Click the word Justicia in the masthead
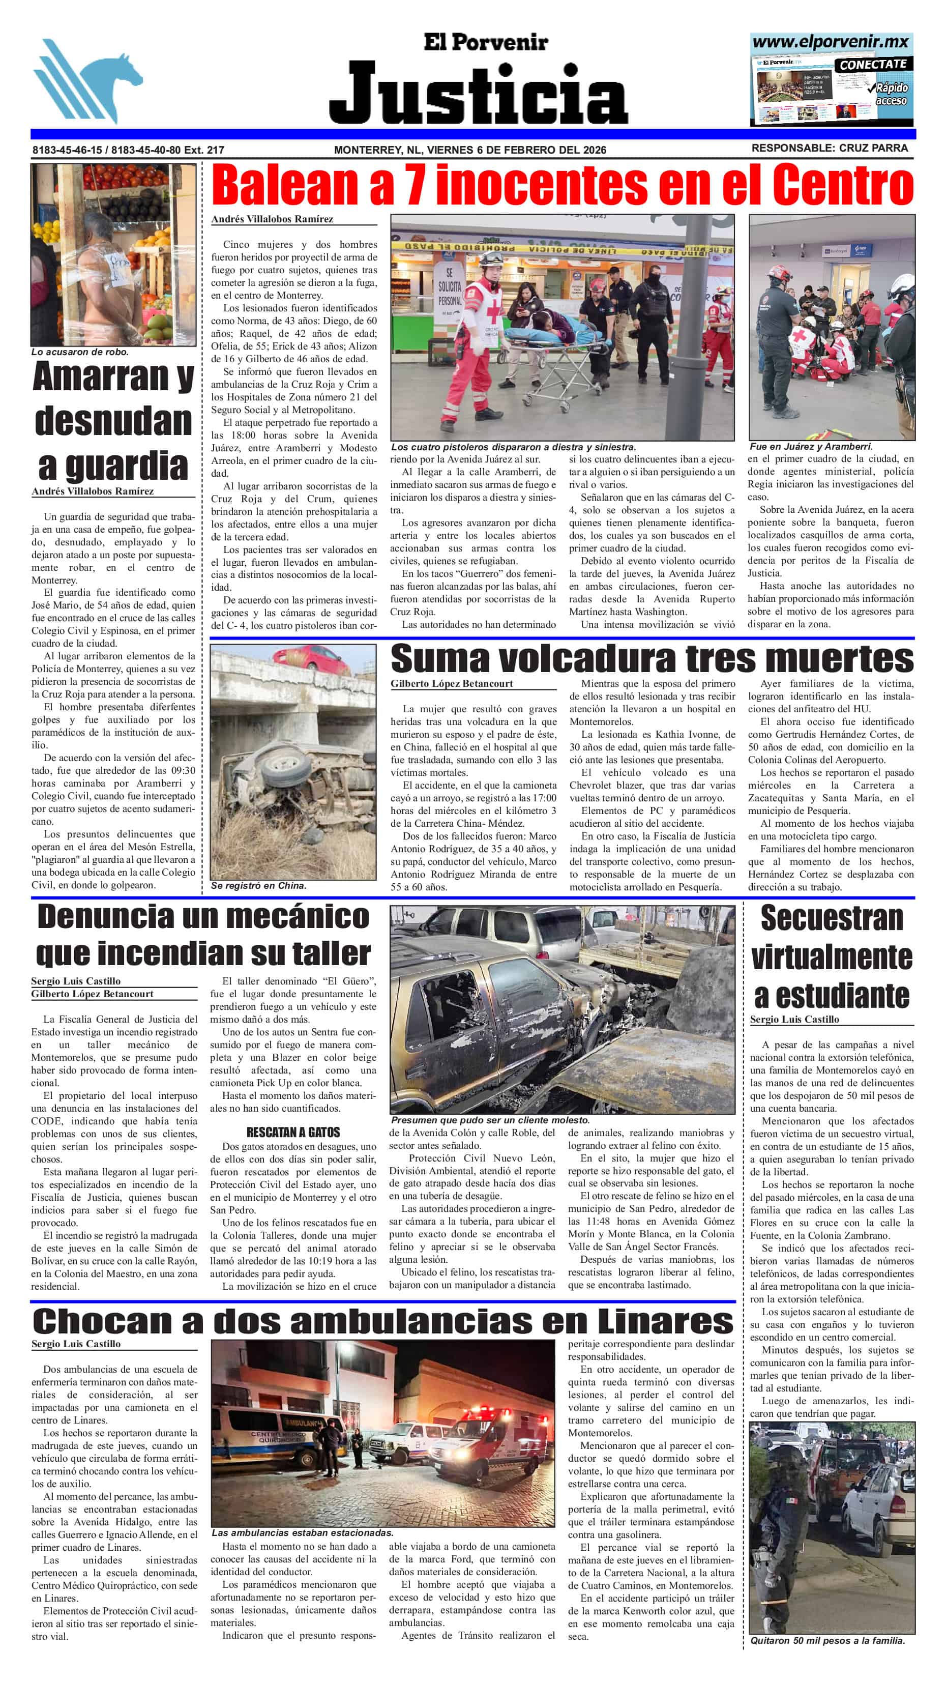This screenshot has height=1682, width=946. click(479, 94)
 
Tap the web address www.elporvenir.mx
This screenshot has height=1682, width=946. click(831, 42)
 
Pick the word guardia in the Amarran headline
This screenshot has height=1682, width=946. click(113, 465)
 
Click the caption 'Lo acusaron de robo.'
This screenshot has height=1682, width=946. click(80, 352)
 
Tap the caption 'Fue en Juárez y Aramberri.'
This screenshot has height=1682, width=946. click(811, 447)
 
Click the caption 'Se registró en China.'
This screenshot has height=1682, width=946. click(258, 886)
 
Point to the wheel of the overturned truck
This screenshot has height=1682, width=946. click(283, 763)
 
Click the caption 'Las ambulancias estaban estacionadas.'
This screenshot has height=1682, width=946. click(302, 1532)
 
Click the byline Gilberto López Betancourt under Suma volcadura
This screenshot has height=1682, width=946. click(452, 684)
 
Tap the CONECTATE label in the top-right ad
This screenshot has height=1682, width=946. click(873, 65)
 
